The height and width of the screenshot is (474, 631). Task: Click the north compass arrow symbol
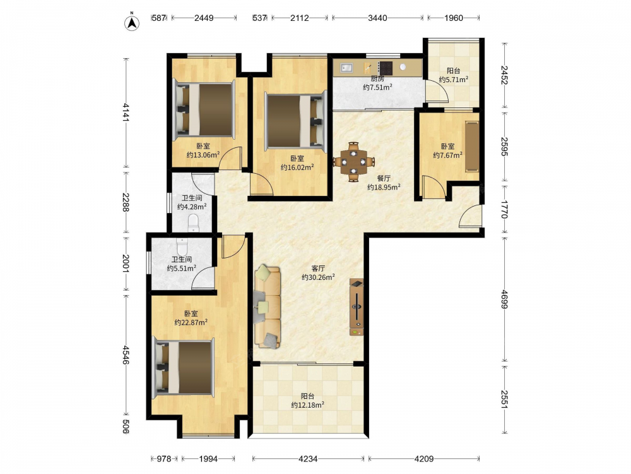[x=132, y=23]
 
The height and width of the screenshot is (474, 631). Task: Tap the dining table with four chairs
[x=353, y=162]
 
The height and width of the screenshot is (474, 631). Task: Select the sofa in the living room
[x=268, y=307]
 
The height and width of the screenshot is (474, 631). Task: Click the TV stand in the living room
[x=357, y=307]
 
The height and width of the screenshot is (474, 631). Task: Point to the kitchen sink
[x=346, y=68]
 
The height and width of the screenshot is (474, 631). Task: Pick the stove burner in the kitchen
[x=386, y=68]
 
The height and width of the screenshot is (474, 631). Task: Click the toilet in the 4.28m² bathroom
[x=194, y=223]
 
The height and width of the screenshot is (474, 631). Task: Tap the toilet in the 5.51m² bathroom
[x=182, y=246]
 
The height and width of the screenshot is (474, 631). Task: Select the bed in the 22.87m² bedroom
[x=184, y=367]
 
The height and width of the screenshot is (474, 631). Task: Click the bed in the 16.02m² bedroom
[x=295, y=121]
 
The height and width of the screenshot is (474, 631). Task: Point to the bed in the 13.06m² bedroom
[x=204, y=109]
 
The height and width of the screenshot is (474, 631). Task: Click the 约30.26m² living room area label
[x=318, y=277]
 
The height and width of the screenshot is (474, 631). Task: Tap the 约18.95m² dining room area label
[x=384, y=187]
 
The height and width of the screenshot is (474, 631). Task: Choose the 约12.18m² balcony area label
[x=308, y=405]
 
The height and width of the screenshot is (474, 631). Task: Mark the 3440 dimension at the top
[x=377, y=18]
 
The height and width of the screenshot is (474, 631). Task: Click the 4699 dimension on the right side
[x=505, y=299]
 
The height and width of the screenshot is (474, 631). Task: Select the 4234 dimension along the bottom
[x=309, y=459]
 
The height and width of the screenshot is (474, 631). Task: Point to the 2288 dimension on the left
[x=126, y=202]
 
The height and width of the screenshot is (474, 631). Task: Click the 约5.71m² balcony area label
[x=454, y=80]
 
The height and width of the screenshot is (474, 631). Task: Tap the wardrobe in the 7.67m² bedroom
[x=473, y=146]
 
